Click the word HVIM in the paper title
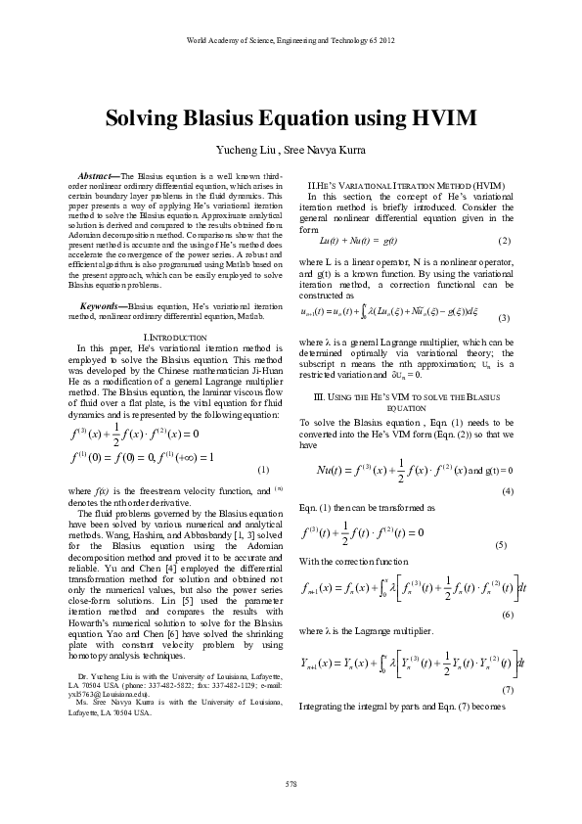click(x=440, y=118)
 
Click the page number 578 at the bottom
click(x=291, y=784)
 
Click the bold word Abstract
click(x=96, y=173)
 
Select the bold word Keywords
click(x=100, y=252)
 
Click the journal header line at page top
click(x=291, y=39)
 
